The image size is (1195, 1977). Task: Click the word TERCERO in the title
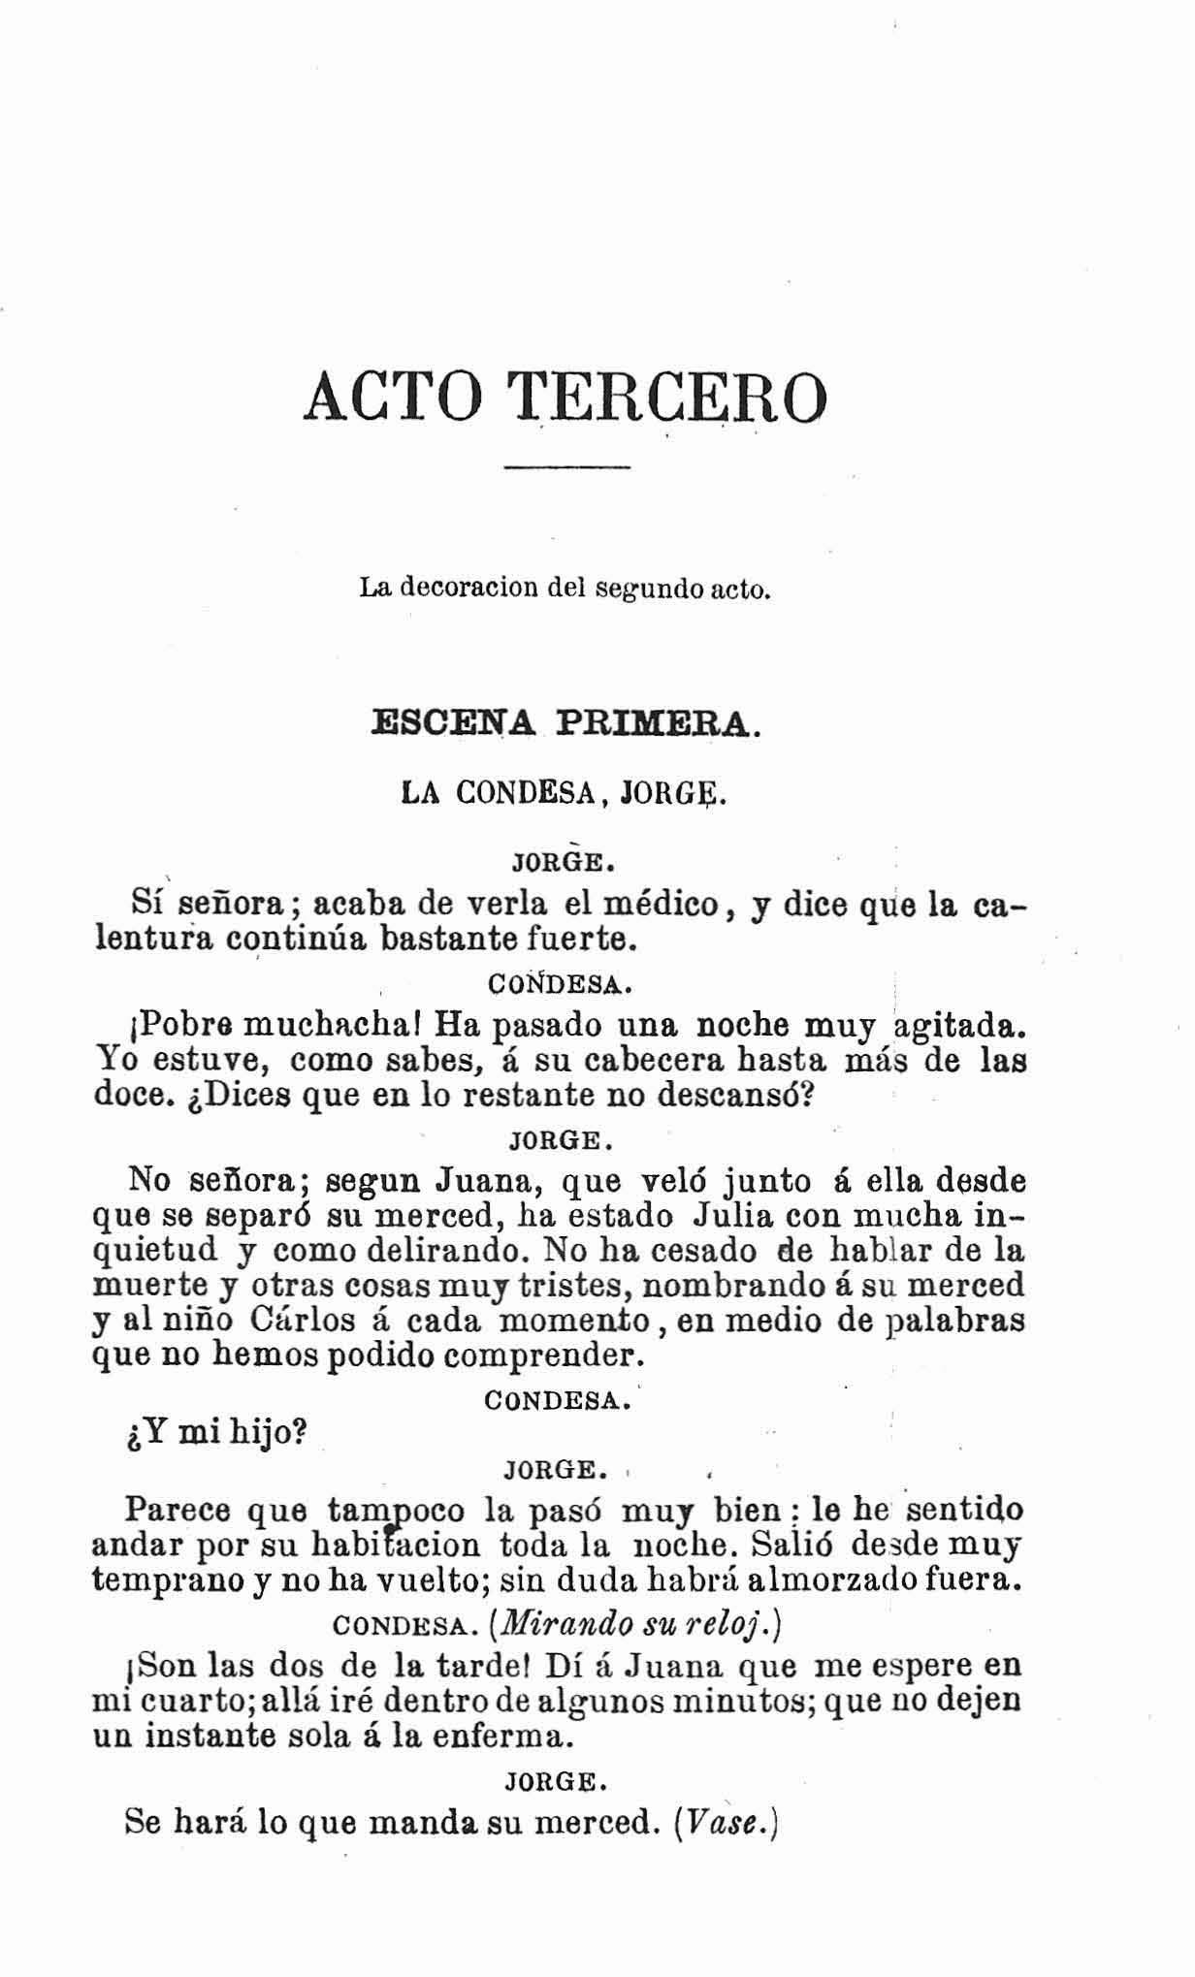click(x=669, y=397)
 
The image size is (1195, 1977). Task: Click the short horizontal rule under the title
click(x=567, y=469)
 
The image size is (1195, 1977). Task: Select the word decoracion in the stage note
click(x=462, y=588)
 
